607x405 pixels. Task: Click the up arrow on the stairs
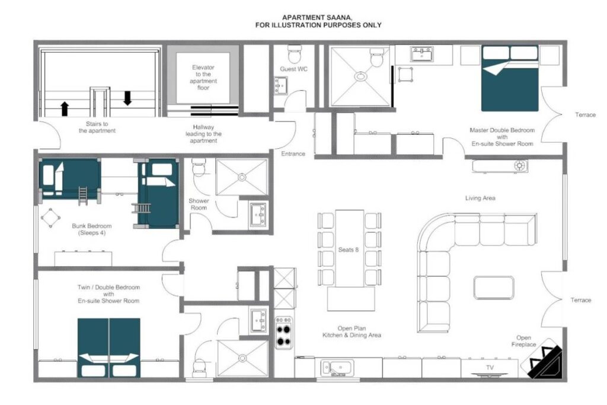[x=65, y=109]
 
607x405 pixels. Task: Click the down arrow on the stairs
[x=127, y=98]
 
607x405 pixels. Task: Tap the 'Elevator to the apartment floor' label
[x=203, y=78]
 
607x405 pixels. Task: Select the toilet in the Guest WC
[x=295, y=54]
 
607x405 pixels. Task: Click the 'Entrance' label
[x=293, y=154]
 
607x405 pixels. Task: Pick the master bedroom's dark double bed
[x=510, y=79]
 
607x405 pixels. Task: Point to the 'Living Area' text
[x=480, y=198]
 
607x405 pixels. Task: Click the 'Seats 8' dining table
[x=350, y=248]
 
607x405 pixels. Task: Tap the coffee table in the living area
[x=494, y=287]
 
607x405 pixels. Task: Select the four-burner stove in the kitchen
[x=284, y=333]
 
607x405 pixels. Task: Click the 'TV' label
[x=490, y=368]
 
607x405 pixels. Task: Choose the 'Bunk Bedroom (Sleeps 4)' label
[x=92, y=229]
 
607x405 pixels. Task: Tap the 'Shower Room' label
[x=199, y=204]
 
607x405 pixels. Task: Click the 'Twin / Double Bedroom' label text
[x=108, y=287]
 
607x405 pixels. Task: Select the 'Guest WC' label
[x=294, y=69]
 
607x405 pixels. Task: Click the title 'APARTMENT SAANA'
[x=317, y=17]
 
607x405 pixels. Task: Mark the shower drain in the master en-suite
[x=360, y=76]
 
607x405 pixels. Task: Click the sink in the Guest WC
[x=280, y=85]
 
